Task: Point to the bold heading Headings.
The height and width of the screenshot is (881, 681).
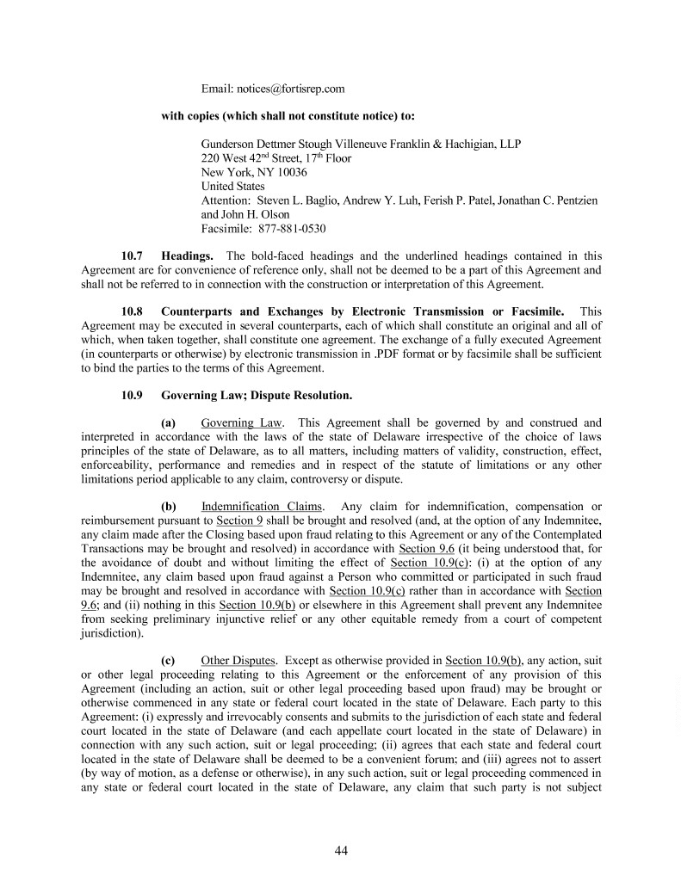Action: click(x=188, y=256)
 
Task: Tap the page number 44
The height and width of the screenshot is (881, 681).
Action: click(x=341, y=851)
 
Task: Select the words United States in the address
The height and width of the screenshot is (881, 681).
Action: click(x=233, y=186)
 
